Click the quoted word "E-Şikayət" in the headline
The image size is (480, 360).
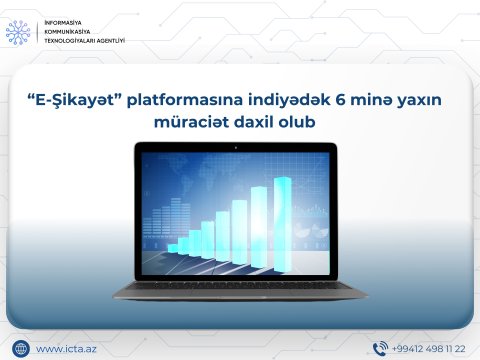[x=73, y=99]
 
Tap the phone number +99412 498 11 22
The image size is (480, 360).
[x=428, y=348]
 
